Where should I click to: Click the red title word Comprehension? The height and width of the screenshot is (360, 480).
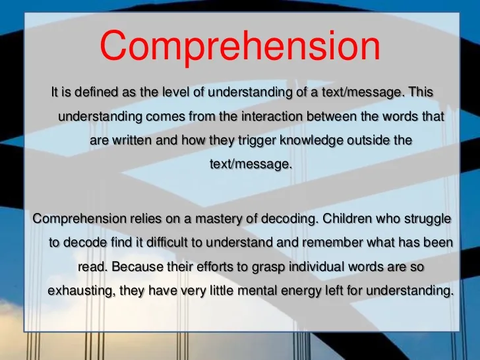(x=240, y=46)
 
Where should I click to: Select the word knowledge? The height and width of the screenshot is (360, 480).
(x=312, y=141)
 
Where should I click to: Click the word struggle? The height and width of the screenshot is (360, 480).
(x=428, y=220)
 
